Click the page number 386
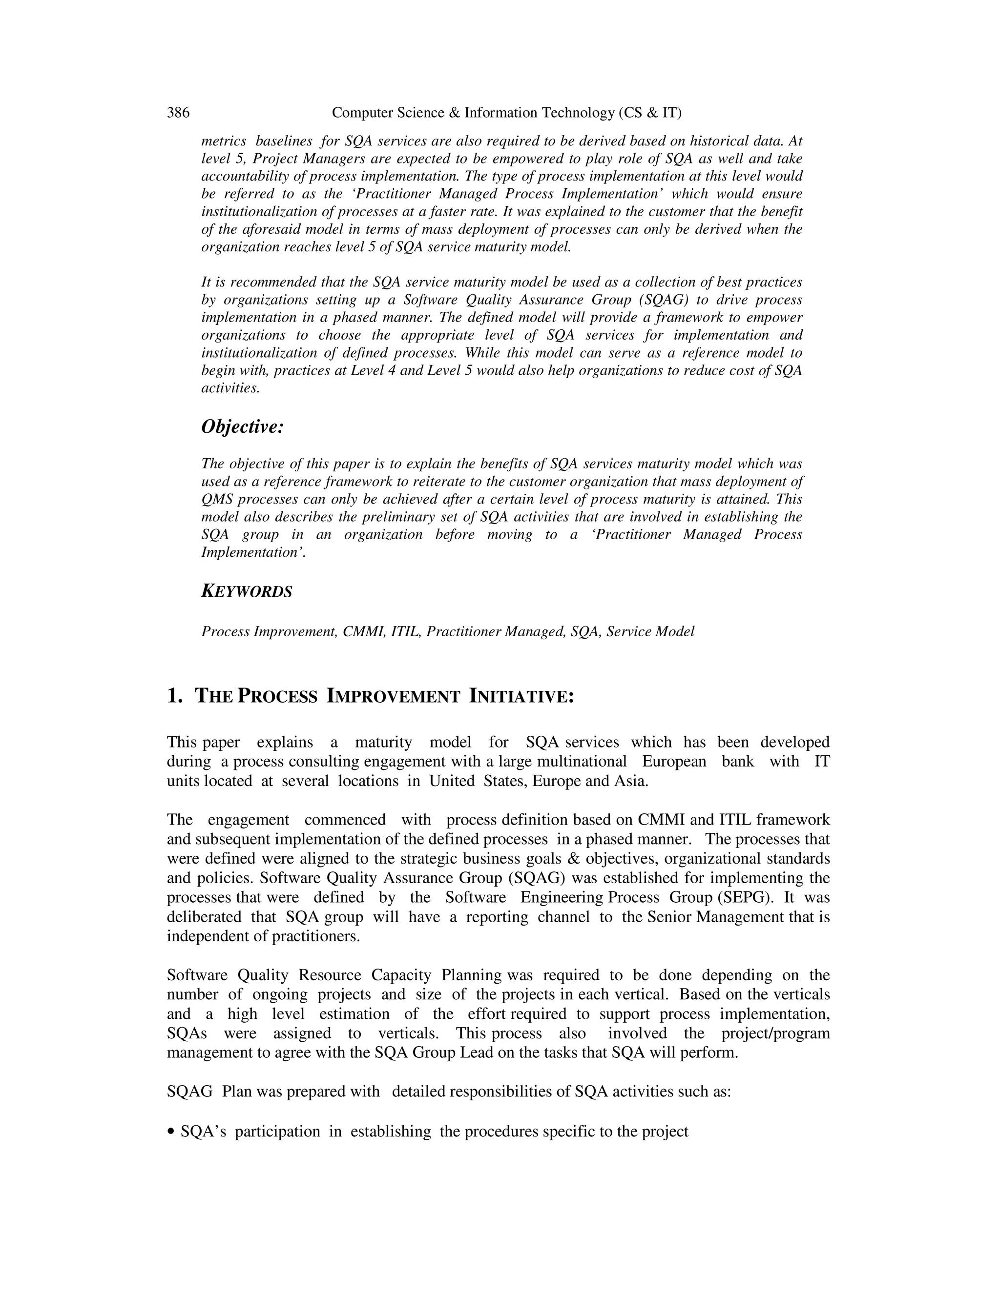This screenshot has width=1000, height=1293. point(178,113)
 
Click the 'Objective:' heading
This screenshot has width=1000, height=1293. point(243,426)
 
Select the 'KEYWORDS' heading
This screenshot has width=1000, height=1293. point(247,591)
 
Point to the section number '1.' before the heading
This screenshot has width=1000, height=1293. point(175,696)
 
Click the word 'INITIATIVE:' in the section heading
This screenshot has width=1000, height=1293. point(521,696)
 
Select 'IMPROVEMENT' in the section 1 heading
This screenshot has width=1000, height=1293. point(393,696)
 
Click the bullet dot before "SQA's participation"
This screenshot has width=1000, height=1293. point(171,1132)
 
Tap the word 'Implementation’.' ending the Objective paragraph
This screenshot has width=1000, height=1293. point(253,552)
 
